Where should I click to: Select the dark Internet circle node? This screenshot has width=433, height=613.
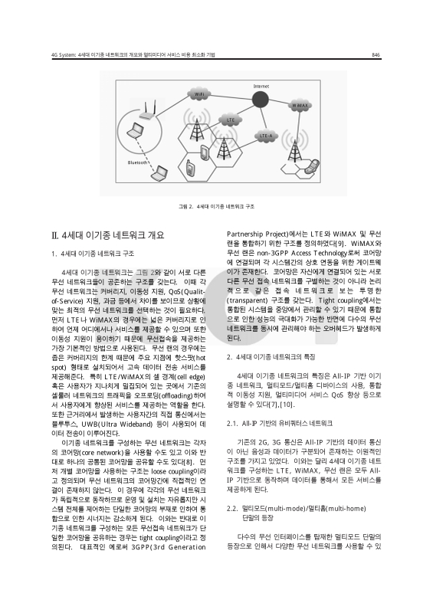[x=260, y=99]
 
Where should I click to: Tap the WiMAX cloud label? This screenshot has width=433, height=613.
[x=300, y=106]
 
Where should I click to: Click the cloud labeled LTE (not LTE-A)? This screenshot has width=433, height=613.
[x=229, y=120]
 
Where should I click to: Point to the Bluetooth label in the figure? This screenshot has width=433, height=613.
[x=138, y=162]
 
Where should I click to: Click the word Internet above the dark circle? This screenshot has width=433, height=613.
[x=261, y=84]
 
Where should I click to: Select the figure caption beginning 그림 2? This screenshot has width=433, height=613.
[x=216, y=207]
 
